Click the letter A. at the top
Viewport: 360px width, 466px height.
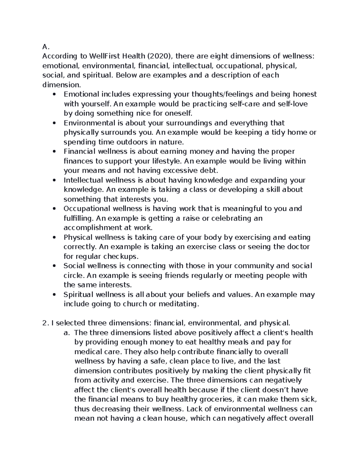45,47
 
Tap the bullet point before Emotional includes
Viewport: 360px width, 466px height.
54,95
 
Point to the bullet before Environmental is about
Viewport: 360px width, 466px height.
54,123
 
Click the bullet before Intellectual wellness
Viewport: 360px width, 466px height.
54,180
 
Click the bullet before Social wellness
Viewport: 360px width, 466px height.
54,266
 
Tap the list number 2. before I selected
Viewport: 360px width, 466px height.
45,323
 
